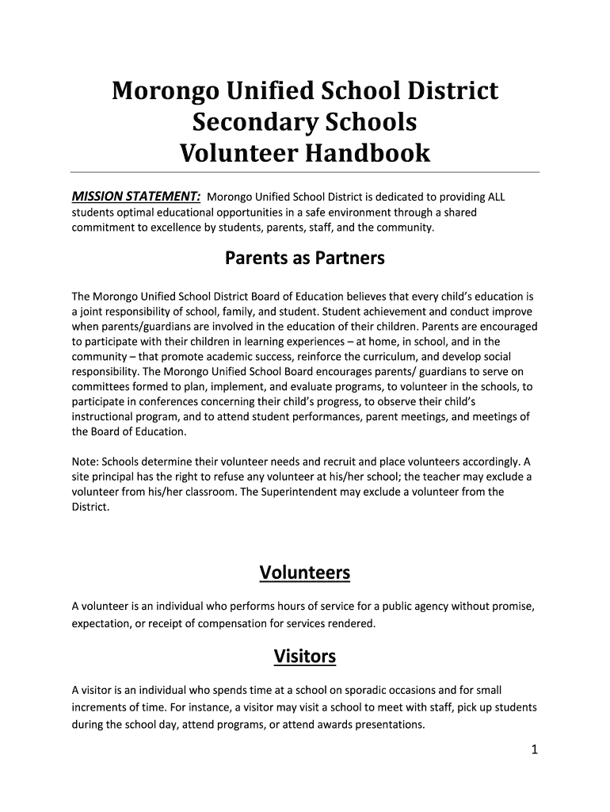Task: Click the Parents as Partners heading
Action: pos(305,258)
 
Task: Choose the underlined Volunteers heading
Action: pos(305,573)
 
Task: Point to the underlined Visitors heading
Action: pos(305,657)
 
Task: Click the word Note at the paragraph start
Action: pos(85,461)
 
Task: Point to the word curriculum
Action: pos(379,357)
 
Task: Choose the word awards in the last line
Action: pos(322,724)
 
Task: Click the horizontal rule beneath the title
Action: pos(305,172)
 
